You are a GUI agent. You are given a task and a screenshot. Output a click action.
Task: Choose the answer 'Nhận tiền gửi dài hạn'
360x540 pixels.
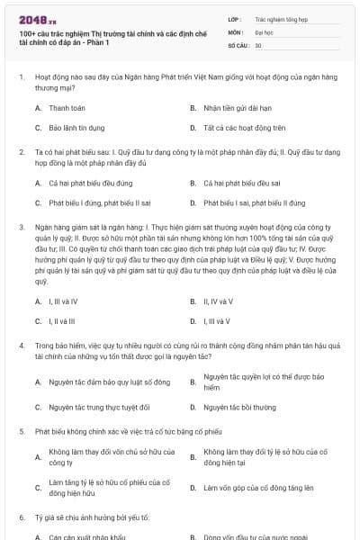(x=234, y=107)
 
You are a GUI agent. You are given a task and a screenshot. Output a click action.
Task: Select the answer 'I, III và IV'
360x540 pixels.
(x=63, y=301)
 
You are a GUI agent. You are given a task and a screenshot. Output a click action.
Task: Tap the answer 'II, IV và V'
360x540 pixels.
(x=218, y=301)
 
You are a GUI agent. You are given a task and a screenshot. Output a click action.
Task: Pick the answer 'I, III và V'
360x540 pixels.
(x=216, y=320)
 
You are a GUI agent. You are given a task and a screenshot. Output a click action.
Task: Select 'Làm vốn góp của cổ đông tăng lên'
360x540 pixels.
(x=258, y=487)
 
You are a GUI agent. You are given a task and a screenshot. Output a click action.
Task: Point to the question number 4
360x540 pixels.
(x=22, y=345)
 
